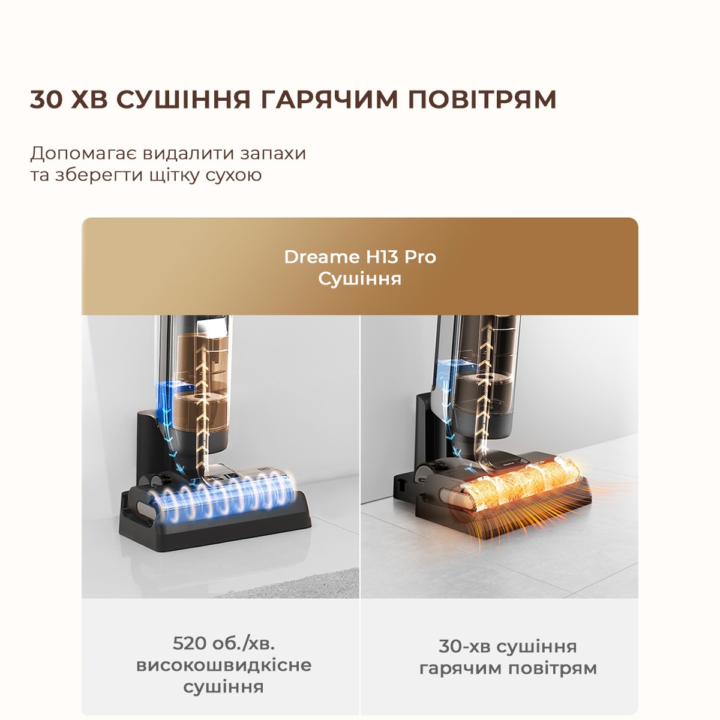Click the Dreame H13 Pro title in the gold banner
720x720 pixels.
360,257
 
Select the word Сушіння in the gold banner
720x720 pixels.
360,279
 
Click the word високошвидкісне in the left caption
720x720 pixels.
224,665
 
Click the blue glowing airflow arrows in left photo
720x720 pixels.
162,414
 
